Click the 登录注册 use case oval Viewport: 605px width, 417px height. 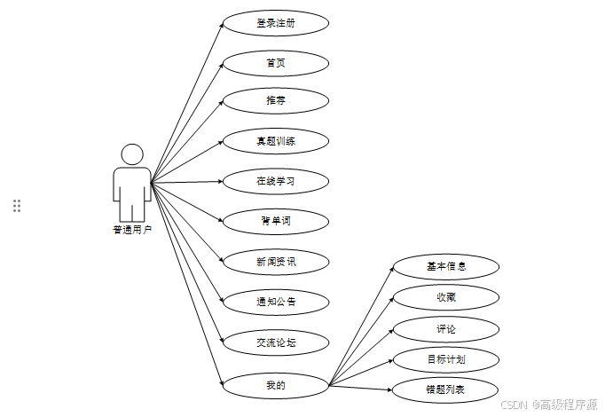(275, 23)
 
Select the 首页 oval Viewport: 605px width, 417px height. (275, 63)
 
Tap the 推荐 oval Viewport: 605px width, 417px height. (275, 101)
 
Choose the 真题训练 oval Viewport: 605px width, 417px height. (275, 140)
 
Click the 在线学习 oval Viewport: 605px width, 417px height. (275, 181)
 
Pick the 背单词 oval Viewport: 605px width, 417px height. (275, 221)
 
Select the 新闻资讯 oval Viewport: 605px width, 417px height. (275, 262)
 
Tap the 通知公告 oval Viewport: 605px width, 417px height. (275, 302)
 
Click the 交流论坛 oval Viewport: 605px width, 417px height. (275, 342)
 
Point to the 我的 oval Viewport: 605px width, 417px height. (275, 385)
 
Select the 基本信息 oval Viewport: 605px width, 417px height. (445, 265)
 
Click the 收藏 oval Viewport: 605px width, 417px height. (445, 296)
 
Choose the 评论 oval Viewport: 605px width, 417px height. (445, 329)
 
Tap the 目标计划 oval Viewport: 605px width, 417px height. (445, 359)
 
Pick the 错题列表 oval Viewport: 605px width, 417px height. (445, 389)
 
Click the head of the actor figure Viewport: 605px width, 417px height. (132, 154)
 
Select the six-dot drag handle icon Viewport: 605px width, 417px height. (17, 206)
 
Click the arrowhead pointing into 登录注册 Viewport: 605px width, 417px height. (220, 26)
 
